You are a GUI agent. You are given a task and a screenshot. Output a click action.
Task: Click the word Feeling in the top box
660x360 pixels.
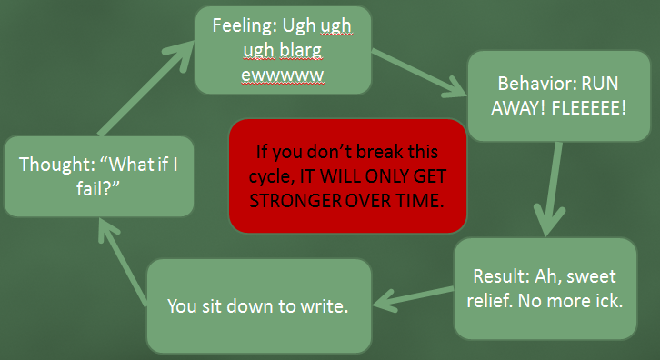pos(245,26)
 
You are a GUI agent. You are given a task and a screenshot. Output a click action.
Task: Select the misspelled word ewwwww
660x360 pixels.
pos(283,75)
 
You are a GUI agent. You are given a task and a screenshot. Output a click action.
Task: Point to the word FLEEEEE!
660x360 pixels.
pos(589,108)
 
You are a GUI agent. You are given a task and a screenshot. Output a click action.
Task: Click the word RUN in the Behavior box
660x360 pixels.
pos(600,84)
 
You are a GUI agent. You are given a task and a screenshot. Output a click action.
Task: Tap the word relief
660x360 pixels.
pos(489,301)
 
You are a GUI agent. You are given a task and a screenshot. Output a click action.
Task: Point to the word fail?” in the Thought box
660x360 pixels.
pos(98,188)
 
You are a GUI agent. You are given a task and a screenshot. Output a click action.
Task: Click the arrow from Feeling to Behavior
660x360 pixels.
pos(419,73)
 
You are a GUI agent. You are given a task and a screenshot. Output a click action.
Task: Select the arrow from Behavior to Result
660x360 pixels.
pos(552,188)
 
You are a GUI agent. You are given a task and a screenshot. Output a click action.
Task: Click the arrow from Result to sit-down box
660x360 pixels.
pos(414,297)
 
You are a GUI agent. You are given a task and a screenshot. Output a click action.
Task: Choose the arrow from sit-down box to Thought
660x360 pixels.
pos(123,262)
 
